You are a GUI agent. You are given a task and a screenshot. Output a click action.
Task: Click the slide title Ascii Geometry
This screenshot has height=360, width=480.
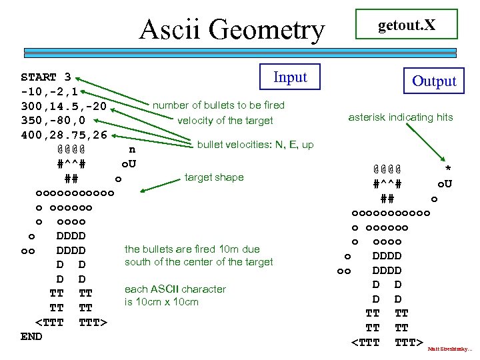(232, 29)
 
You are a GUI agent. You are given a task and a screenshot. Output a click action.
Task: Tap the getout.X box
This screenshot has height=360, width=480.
(407, 25)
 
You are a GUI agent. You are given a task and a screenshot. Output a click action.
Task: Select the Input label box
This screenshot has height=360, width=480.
(290, 77)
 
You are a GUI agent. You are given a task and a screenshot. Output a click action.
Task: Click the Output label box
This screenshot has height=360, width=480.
(434, 81)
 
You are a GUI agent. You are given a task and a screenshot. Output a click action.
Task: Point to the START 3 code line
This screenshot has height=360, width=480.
(46, 77)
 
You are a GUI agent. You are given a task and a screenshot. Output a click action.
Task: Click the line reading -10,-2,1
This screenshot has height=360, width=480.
(50, 91)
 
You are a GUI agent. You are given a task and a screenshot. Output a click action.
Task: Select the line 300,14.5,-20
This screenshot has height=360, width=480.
(64, 106)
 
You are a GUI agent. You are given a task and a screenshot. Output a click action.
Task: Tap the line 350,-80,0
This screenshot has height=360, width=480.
(53, 121)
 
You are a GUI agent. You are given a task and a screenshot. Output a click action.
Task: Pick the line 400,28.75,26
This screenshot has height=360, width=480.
(64, 135)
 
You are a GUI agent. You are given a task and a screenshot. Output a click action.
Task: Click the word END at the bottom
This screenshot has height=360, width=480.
(31, 337)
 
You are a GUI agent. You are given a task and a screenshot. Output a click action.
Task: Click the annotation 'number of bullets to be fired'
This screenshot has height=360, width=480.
(219, 105)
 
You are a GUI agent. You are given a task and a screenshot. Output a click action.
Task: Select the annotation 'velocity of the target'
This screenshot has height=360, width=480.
(225, 121)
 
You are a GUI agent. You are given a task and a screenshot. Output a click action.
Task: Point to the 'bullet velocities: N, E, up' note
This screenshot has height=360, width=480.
(255, 145)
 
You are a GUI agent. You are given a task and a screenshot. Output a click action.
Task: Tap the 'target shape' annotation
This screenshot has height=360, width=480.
(214, 177)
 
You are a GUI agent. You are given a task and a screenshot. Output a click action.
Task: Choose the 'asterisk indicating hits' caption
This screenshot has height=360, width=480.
(401, 117)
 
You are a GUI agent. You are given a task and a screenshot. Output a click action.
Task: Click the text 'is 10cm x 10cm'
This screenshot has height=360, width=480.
(161, 302)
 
